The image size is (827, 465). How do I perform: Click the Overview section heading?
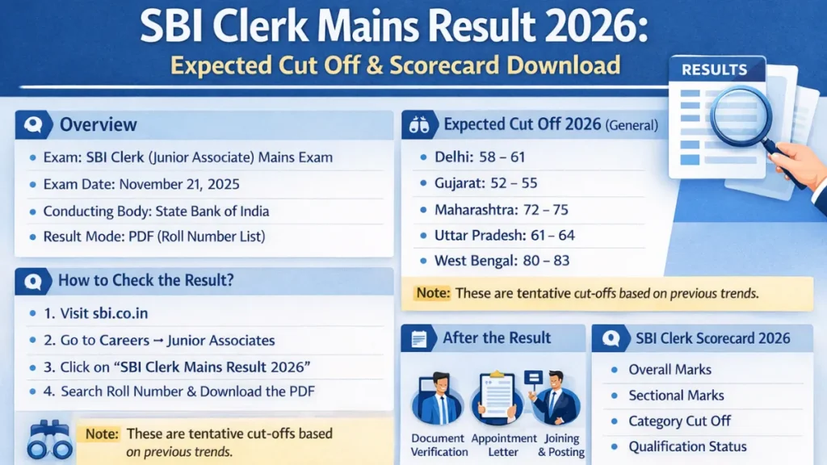pos(99,125)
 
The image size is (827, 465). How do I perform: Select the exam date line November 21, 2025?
pos(141,184)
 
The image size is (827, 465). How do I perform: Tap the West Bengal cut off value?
pos(502,261)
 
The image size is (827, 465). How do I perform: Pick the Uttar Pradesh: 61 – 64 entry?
pos(505,236)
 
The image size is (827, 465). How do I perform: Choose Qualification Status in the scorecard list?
pos(687,446)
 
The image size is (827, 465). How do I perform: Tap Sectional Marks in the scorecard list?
pos(676,396)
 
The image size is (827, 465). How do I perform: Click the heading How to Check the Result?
pos(144,282)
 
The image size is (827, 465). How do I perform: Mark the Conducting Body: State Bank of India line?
pos(156,212)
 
